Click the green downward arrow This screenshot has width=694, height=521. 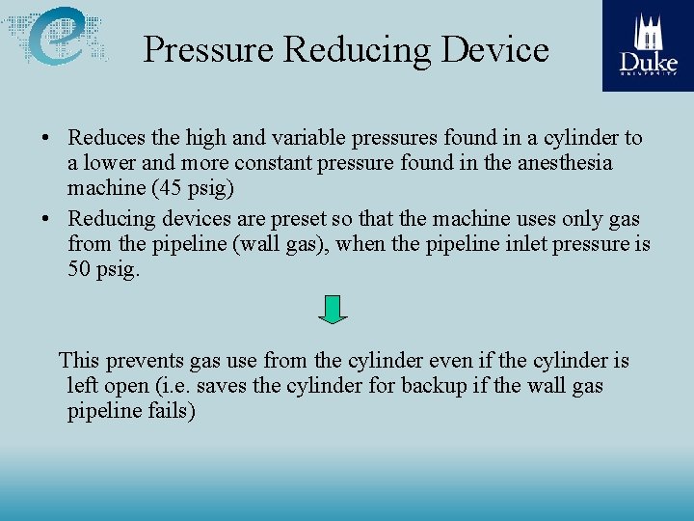tap(333, 309)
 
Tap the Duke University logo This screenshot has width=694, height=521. tap(648, 45)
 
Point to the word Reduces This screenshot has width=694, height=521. tap(106, 139)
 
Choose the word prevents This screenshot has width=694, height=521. tap(144, 361)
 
